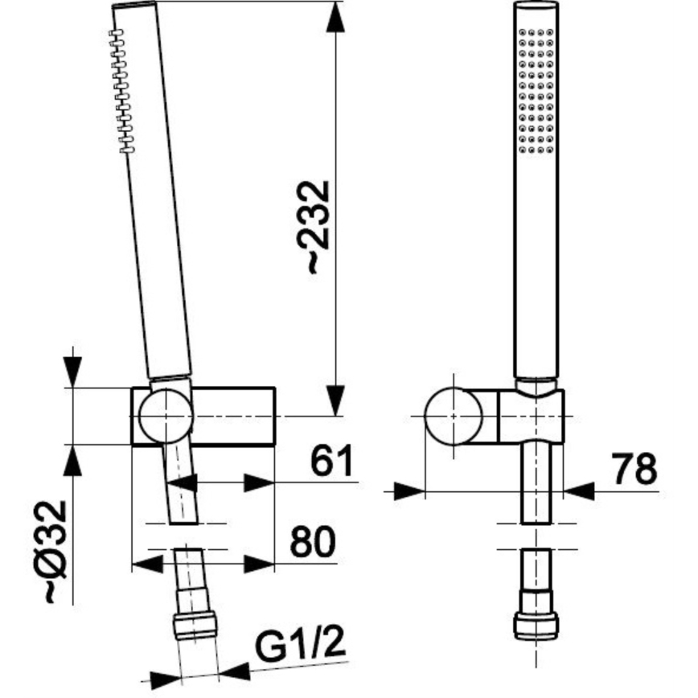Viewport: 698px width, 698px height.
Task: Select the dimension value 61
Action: coord(332,462)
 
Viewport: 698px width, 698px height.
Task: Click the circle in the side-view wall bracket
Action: coord(165,417)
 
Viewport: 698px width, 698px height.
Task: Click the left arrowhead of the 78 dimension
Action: coord(409,490)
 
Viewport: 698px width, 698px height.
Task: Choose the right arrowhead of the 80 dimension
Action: coord(260,564)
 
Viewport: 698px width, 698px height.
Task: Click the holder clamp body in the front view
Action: coord(531,416)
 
